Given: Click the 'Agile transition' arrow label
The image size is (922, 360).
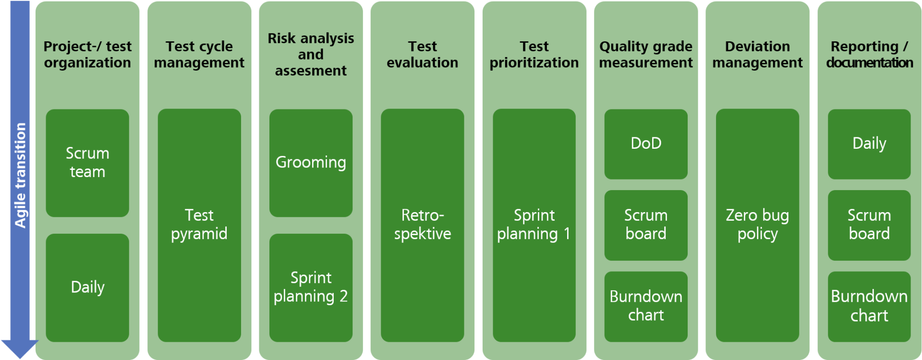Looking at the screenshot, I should tap(20, 175).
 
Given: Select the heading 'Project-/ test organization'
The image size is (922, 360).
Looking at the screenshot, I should tap(87, 54).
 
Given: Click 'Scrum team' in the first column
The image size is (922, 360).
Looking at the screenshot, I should tap(87, 162).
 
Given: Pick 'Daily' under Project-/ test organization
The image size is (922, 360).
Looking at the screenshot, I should tap(87, 287).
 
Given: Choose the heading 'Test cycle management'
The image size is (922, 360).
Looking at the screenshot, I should tap(199, 54).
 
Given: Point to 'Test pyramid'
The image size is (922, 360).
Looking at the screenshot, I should tap(199, 224).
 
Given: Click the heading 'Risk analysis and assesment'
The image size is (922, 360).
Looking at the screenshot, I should tap(311, 54).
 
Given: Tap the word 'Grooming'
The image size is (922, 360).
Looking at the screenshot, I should tap(311, 162).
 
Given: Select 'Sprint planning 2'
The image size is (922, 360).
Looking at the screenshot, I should tap(311, 287).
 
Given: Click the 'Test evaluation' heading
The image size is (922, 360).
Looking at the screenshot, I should tap(423, 54).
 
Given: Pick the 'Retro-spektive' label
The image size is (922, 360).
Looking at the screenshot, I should tap(423, 224).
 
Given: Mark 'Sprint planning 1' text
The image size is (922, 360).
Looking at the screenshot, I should tap(534, 224).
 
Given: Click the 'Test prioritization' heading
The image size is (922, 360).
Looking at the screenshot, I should tap(534, 54).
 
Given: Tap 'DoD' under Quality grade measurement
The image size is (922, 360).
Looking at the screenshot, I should tap(646, 143).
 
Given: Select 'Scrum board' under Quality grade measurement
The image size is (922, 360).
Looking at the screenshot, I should tap(646, 224).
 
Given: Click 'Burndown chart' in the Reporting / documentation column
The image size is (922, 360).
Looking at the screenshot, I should tap(869, 306).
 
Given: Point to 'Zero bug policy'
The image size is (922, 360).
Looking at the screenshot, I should tap(757, 224).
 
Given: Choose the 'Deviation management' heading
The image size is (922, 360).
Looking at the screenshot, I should tap(757, 54).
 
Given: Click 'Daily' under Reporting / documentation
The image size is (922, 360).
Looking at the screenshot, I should tap(869, 143).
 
